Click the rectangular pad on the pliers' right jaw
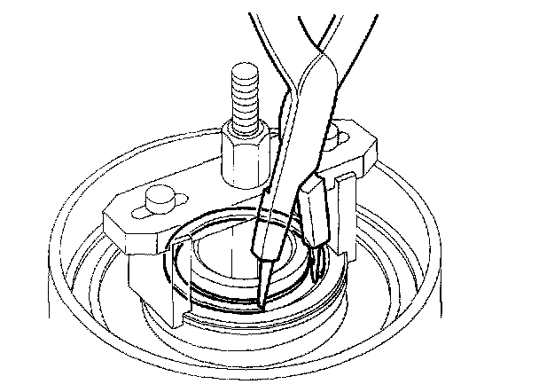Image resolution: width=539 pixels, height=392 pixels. coord(317,213)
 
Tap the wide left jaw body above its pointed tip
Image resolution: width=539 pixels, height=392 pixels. coord(270,222)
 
